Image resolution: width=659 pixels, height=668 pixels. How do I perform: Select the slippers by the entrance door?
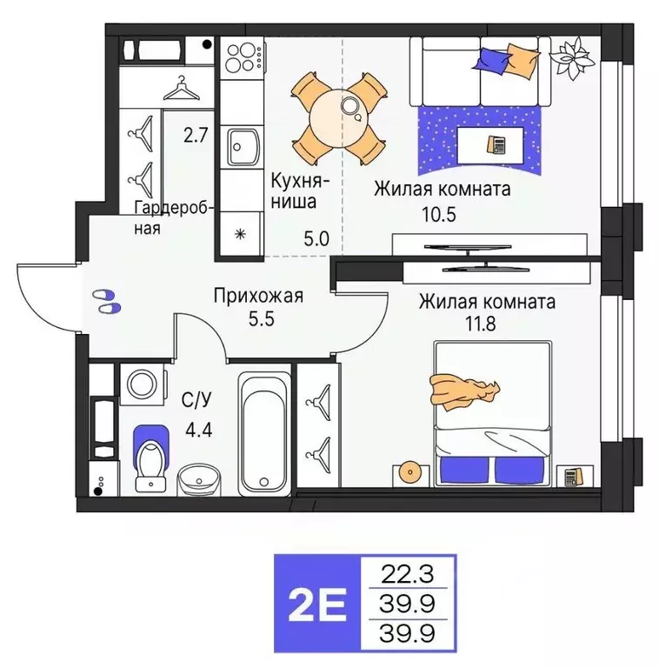click(x=107, y=301)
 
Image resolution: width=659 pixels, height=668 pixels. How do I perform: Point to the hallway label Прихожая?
click(x=258, y=297)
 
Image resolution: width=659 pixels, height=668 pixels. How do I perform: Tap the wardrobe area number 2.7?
click(x=196, y=135)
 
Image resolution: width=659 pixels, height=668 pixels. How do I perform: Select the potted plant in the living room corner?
click(x=575, y=57)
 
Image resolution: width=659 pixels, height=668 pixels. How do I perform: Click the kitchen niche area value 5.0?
click(x=317, y=238)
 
